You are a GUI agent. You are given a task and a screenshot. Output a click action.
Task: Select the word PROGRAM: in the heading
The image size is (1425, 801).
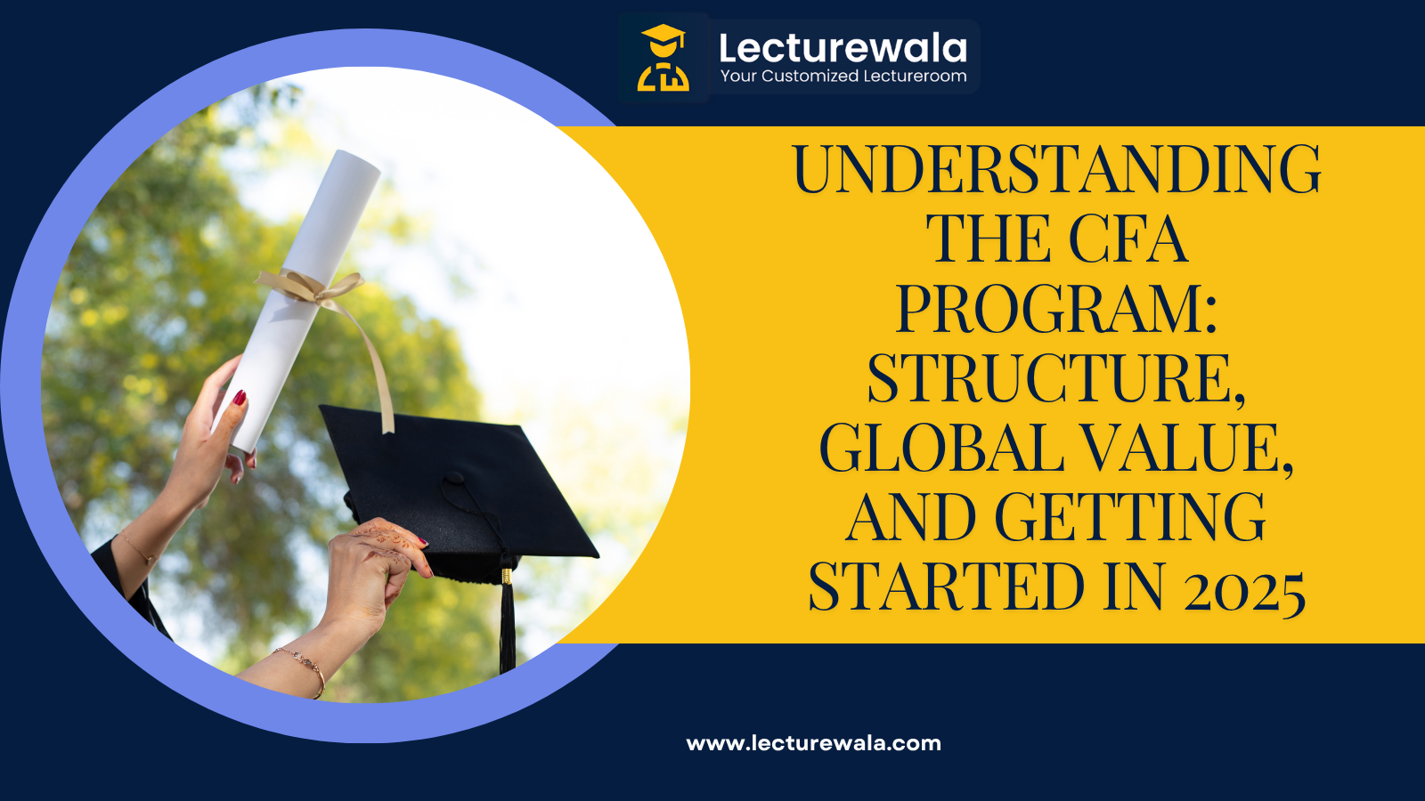click(1056, 309)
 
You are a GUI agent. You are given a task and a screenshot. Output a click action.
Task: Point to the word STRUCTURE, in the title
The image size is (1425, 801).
click(1056, 378)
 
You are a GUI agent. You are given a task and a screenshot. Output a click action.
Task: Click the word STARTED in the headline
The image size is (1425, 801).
click(947, 587)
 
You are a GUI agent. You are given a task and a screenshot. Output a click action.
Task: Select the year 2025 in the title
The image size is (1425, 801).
click(1244, 589)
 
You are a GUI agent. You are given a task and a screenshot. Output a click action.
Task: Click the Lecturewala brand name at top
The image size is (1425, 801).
click(843, 48)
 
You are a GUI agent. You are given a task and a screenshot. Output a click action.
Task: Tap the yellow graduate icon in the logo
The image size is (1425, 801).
click(664, 58)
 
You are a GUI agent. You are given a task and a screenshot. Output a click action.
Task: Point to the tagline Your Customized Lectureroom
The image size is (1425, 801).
click(843, 77)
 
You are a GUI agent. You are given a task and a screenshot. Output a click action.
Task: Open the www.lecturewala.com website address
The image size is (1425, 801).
click(813, 743)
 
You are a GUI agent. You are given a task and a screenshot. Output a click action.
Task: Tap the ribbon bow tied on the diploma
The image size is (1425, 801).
click(312, 287)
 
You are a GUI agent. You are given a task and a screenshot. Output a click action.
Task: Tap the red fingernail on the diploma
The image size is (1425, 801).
click(240, 398)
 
